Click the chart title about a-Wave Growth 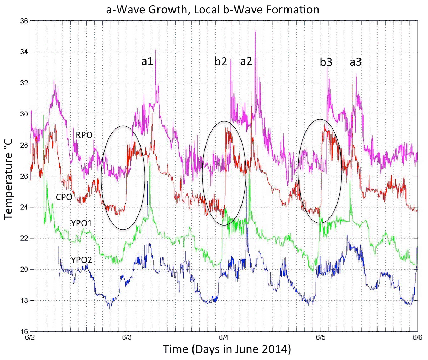click(213, 9)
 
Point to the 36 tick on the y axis click(24, 21)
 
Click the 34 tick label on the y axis click(24, 52)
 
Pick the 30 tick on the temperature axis click(24, 114)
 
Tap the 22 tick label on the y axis click(24, 238)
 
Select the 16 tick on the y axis click(24, 331)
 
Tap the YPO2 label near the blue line click(82, 260)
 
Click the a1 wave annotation click(147, 61)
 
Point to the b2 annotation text click(221, 62)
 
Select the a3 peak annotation click(356, 62)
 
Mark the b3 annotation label click(326, 62)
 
